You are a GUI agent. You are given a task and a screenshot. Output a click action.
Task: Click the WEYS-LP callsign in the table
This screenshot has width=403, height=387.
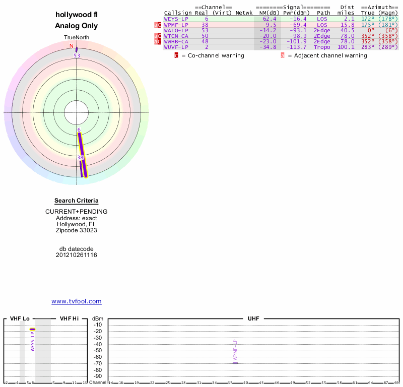(176, 19)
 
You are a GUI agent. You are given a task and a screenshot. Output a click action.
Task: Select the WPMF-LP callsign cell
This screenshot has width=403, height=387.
(176, 25)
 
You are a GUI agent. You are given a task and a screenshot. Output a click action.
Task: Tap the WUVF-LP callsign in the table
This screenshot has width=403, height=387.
(176, 47)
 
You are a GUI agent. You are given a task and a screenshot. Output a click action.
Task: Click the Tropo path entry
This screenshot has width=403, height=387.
(322, 47)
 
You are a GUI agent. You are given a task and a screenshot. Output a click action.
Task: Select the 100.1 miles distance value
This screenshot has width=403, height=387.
(346, 47)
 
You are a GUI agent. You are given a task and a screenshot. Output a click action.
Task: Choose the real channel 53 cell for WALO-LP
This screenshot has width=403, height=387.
(205, 30)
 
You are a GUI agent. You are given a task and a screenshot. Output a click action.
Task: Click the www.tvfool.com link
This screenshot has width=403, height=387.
(77, 301)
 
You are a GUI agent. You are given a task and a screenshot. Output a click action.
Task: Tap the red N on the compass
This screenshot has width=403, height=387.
(72, 46)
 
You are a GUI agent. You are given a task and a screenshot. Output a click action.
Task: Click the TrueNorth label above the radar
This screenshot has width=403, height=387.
(76, 38)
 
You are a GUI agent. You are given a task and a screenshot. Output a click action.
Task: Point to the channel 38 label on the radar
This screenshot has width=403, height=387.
(80, 158)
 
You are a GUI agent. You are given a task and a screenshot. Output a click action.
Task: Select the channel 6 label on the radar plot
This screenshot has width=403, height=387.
(79, 130)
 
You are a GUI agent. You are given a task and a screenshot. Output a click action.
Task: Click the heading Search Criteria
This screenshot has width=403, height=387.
(77, 201)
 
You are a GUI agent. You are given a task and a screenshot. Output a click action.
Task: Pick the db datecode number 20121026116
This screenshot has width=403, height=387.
(77, 255)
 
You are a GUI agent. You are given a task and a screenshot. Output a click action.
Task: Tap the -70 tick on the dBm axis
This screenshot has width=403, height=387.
(98, 363)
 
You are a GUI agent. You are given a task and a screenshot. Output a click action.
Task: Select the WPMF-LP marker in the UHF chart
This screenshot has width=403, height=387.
(235, 363)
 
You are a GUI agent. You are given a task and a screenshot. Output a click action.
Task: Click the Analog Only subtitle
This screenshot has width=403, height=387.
(77, 26)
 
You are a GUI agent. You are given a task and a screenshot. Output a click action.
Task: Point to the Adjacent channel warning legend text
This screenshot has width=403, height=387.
(330, 55)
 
